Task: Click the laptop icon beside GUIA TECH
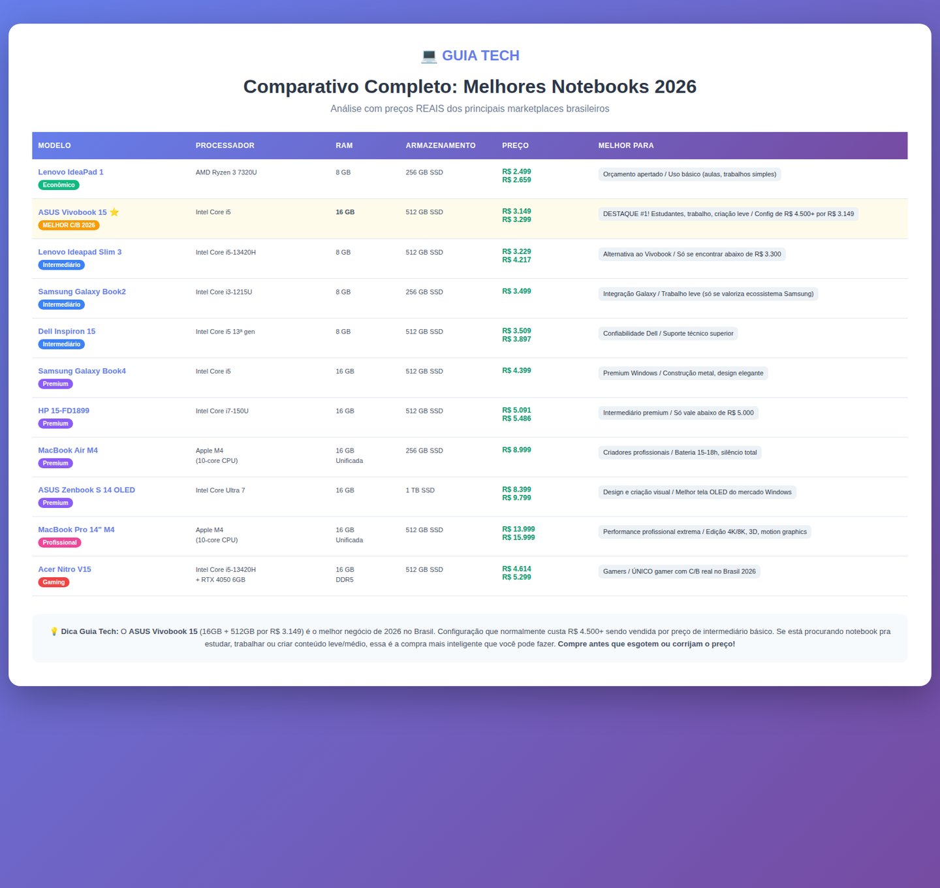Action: pos(429,56)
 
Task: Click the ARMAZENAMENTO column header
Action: pos(441,146)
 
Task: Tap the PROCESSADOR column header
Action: pos(225,146)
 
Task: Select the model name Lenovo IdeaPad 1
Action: pos(70,172)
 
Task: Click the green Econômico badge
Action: pos(59,185)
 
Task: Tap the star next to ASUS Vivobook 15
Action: pos(114,212)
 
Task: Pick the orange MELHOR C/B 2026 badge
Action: pos(69,225)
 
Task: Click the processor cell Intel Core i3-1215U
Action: pos(224,292)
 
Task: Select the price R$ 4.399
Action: pos(516,371)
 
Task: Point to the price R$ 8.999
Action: pos(516,450)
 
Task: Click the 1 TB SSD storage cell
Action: pos(420,490)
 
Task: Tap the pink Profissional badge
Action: pos(59,543)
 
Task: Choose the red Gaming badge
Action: pos(54,582)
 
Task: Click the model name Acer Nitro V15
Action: pos(65,569)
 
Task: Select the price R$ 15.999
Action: pos(518,538)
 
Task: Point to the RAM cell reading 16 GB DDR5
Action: pos(345,575)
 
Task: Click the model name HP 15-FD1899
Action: pos(63,411)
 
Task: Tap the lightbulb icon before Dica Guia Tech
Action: pos(54,631)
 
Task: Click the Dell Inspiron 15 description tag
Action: pos(668,334)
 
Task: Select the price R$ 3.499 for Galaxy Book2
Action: pos(516,291)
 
